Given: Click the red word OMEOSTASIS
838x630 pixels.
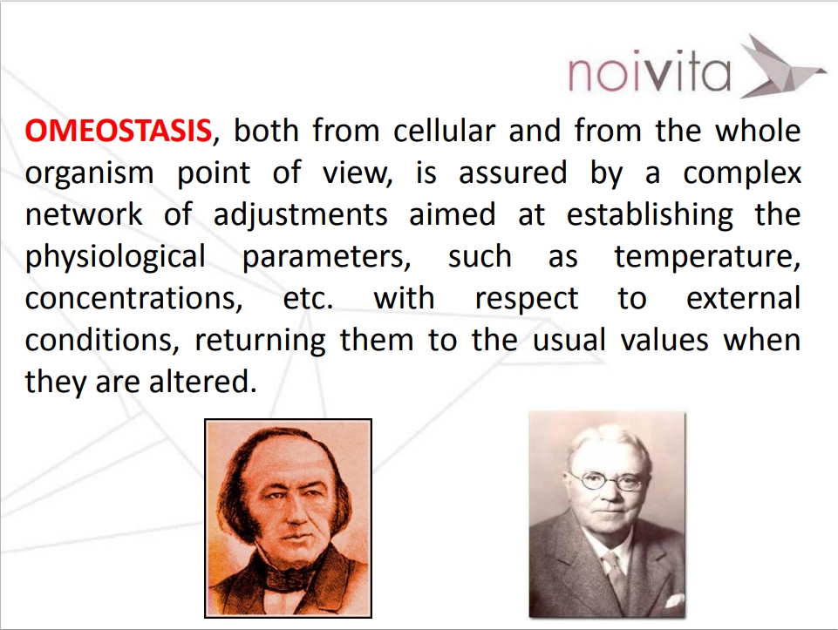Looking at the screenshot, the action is [118, 131].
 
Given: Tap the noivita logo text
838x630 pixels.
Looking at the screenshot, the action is [650, 72].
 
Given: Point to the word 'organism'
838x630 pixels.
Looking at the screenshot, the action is [89, 174].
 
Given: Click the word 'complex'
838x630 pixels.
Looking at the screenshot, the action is [742, 174].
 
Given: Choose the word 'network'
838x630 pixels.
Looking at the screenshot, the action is [84, 214].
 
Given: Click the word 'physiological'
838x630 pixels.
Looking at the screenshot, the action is [115, 257].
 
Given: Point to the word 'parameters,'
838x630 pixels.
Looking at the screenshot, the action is [326, 258].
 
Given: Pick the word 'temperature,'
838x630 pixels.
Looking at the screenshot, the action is [707, 258].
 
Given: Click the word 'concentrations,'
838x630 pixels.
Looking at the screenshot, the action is [133, 299].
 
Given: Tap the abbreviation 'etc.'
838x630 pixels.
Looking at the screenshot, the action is [309, 299].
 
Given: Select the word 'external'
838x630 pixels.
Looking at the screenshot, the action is [744, 298].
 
